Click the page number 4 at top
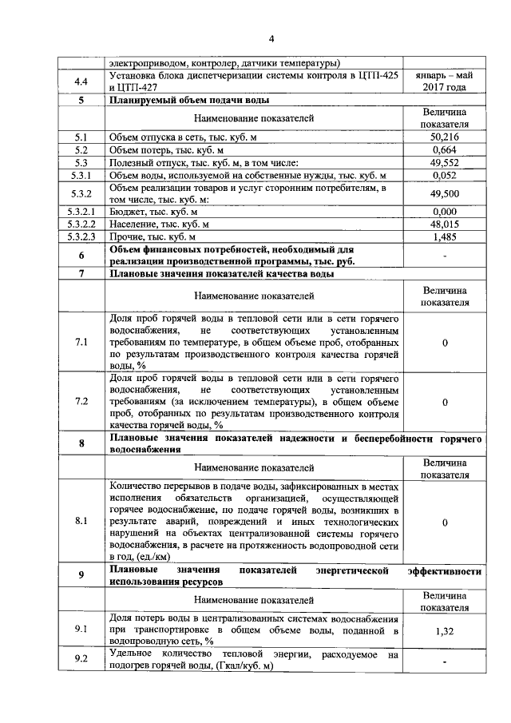point(271,39)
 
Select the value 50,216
point(444,137)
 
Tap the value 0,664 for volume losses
point(444,149)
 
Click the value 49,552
point(444,162)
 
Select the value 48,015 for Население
point(444,224)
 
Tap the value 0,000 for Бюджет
point(444,212)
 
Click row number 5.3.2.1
point(81,212)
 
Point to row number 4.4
point(81,81)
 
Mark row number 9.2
point(81,659)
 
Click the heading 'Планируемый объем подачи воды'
point(189,100)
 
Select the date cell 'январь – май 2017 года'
point(444,81)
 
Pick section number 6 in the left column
point(81,255)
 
